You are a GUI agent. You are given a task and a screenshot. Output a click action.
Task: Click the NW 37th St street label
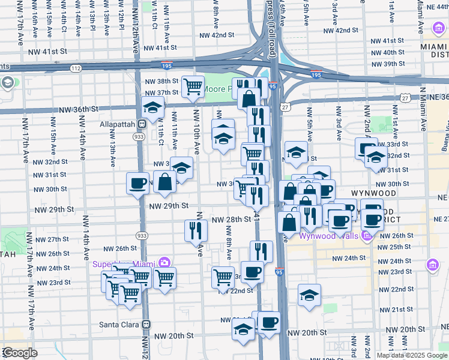(161, 92)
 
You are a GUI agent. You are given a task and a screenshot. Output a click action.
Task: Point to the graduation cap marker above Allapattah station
(153, 109)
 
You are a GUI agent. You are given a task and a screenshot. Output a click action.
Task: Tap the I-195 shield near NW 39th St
(316, 75)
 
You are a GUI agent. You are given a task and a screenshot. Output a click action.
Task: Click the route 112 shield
(75, 68)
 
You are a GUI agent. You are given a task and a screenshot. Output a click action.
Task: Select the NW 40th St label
(387, 52)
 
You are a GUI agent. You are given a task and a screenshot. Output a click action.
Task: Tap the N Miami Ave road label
(422, 108)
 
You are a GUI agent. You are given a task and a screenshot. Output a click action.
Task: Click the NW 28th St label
(231, 220)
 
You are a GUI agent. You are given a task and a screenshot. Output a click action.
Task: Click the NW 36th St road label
(79, 109)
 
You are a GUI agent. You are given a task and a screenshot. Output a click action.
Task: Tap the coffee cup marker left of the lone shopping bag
(137, 183)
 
